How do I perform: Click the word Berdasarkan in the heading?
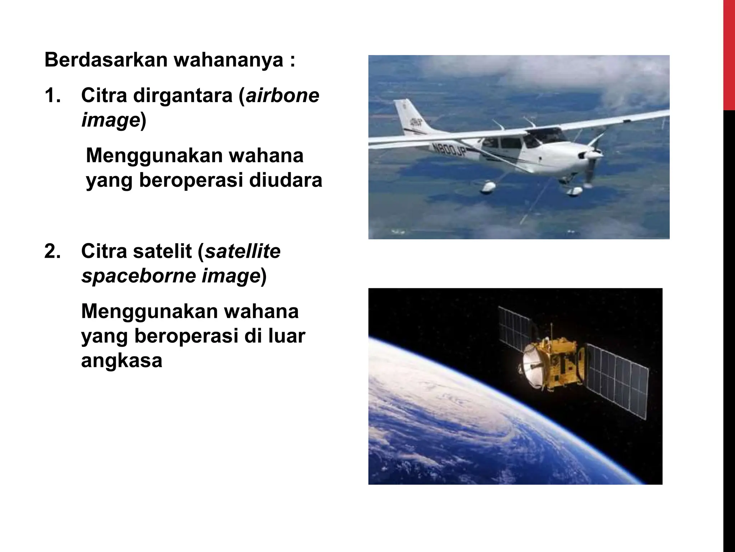[106, 60]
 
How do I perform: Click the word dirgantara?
[183, 96]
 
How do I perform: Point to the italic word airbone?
[282, 96]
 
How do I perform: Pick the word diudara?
[285, 180]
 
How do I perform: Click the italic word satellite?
[242, 251]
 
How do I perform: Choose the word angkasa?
[122, 360]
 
